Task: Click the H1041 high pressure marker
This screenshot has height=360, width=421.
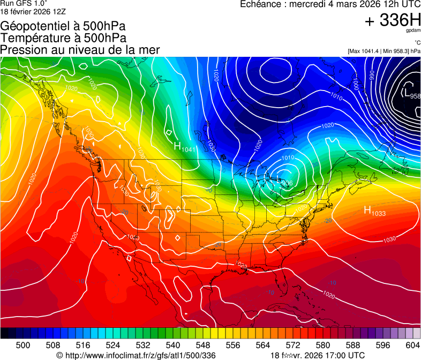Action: click(x=185, y=146)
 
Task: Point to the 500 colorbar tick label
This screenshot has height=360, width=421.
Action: click(x=23, y=344)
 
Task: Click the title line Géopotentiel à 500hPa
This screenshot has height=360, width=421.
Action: click(x=63, y=26)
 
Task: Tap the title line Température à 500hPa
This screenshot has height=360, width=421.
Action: click(x=63, y=38)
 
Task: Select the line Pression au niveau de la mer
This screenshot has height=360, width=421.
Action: click(x=80, y=50)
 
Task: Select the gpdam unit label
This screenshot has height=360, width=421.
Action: click(x=412, y=32)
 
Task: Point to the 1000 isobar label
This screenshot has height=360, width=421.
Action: click(x=356, y=83)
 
